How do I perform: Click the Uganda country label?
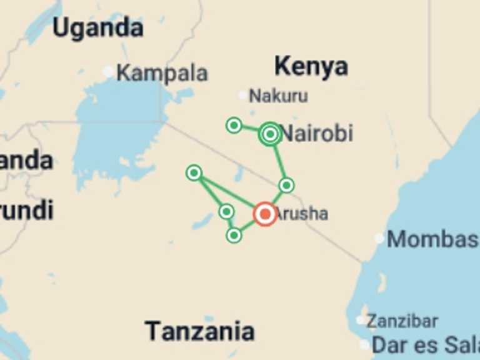pyautogui.click(x=97, y=27)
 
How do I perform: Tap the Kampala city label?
pyautogui.click(x=162, y=72)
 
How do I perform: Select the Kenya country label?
pyautogui.click(x=311, y=66)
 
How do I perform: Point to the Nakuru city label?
pyautogui.click(x=278, y=96)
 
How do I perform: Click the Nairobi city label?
pyautogui.click(x=316, y=133)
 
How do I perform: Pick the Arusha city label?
pyautogui.click(x=301, y=214)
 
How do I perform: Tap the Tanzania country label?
pyautogui.click(x=200, y=331)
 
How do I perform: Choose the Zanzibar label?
pyautogui.click(x=402, y=321)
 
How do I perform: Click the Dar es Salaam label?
pyautogui.click(x=425, y=344)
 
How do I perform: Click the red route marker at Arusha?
pyautogui.click(x=265, y=214)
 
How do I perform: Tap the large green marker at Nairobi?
pyautogui.click(x=270, y=134)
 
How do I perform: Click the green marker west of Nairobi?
pyautogui.click(x=234, y=126)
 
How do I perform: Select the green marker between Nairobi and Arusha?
pyautogui.click(x=286, y=185)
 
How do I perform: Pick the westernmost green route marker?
pyautogui.click(x=194, y=172)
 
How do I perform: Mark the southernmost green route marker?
pyautogui.click(x=234, y=235)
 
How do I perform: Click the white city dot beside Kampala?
pyautogui.click(x=109, y=72)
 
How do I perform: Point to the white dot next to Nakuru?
pyautogui.click(x=243, y=95)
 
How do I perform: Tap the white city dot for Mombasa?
pyautogui.click(x=379, y=238)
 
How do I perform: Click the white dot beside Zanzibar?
pyautogui.click(x=361, y=320)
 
